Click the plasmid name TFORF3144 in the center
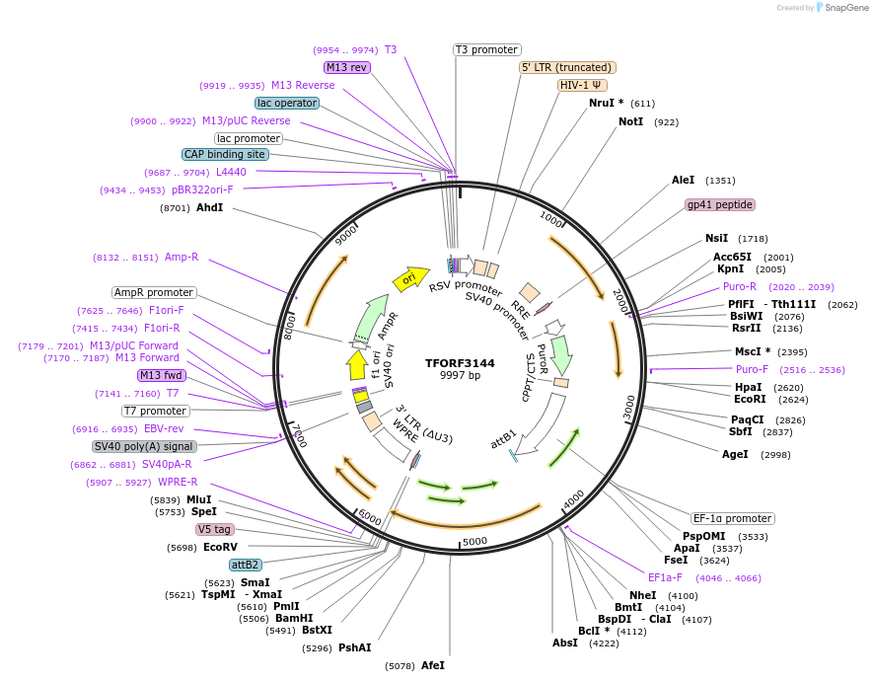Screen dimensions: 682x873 click(460, 362)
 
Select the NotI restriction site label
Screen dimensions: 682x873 click(630, 121)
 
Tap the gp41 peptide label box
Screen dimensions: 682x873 click(720, 204)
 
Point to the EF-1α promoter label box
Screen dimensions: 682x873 click(732, 518)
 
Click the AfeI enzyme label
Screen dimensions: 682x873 click(432, 666)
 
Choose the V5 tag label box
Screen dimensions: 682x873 click(214, 529)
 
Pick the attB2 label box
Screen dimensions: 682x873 click(245, 565)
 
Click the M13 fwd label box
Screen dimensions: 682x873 click(161, 375)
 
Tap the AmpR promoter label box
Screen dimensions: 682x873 click(154, 292)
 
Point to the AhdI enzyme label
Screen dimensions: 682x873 click(209, 208)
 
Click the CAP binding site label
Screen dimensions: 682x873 click(225, 154)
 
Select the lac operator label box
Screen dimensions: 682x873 click(286, 103)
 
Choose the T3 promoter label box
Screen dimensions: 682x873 click(486, 49)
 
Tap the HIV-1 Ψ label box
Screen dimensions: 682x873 click(581, 85)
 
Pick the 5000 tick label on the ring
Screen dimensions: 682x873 click(475, 541)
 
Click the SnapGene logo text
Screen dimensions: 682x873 click(843, 8)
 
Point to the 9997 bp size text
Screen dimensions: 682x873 click(460, 376)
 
